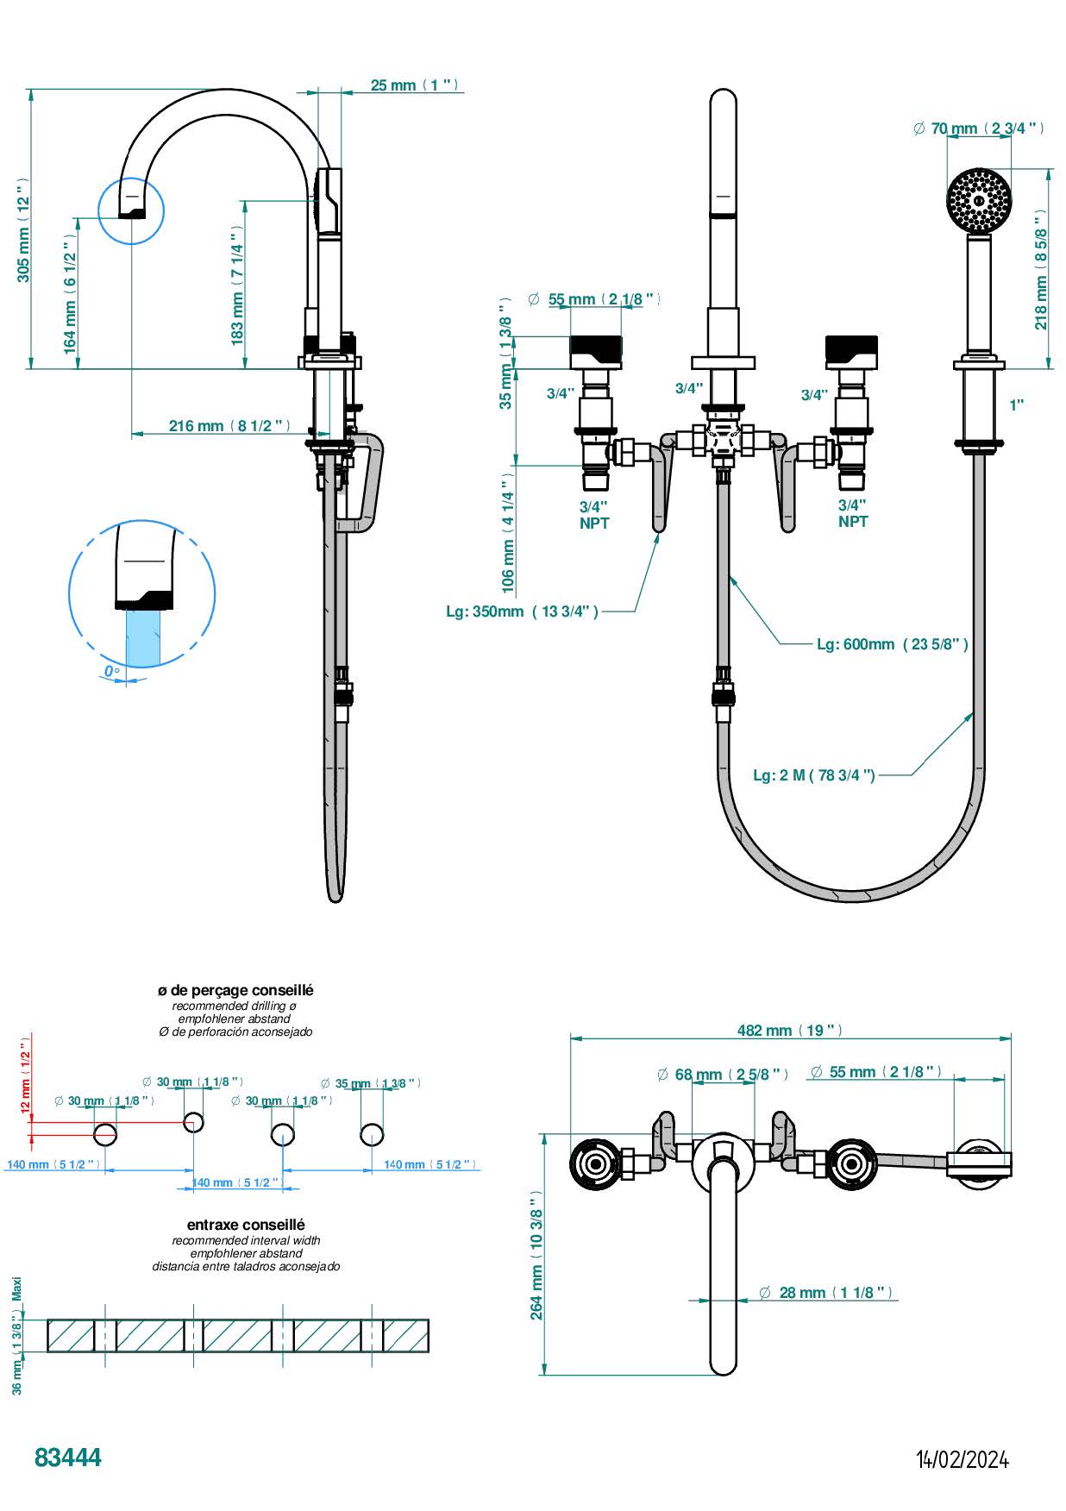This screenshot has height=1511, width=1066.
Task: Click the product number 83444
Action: coord(68,1457)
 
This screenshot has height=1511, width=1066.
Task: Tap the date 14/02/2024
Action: coord(962,1458)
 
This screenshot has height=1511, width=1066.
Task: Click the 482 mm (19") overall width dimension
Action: coord(789,1030)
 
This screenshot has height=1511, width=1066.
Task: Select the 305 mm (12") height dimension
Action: coord(24,229)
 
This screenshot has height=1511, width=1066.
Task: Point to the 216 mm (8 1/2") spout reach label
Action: coord(229,425)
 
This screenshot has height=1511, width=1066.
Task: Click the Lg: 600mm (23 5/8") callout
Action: coord(892,643)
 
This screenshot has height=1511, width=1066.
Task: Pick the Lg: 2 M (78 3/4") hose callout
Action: coord(813,774)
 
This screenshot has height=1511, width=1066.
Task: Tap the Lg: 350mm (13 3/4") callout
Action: coord(522,611)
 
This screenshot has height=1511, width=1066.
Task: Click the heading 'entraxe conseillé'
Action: coord(246,1225)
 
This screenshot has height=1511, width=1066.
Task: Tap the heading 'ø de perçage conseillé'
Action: coord(235,991)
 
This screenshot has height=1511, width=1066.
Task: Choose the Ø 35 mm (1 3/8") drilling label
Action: coord(370,1083)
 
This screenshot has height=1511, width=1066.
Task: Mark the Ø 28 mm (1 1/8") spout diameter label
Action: coord(825,1292)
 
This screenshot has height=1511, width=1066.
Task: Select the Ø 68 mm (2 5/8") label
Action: coord(722,1074)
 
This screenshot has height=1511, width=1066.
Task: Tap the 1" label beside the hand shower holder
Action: coord(1017,404)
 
